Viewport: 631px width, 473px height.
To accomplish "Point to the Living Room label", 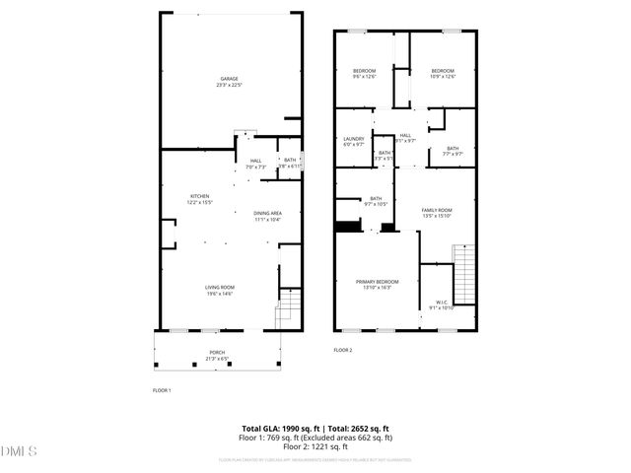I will click(220, 290).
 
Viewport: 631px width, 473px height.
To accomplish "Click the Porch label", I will click(216, 355).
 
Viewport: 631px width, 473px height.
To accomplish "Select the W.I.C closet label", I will click(441, 304).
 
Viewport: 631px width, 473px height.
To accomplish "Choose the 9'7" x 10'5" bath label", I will click(376, 201).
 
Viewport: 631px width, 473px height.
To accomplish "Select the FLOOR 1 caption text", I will click(162, 391).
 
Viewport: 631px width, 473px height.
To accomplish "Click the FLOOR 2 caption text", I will click(342, 350).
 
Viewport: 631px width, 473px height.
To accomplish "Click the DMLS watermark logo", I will click(19, 451).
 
